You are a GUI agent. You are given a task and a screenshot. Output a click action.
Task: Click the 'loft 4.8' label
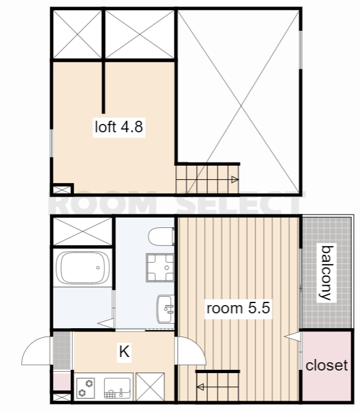(119, 127)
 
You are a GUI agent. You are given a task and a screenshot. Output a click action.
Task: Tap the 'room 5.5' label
(238, 308)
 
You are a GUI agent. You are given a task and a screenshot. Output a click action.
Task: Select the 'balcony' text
(327, 273)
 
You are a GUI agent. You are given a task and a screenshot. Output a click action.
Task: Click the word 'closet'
(327, 365)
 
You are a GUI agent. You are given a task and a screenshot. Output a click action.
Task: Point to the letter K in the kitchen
(124, 351)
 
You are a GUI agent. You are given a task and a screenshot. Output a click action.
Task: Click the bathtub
(83, 268)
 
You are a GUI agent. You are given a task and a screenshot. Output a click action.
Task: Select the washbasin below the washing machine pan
(166, 309)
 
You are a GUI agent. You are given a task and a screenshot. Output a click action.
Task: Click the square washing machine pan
(160, 267)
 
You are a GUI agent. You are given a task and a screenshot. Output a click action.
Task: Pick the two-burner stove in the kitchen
(86, 388)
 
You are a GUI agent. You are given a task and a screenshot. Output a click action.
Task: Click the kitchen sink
(117, 388)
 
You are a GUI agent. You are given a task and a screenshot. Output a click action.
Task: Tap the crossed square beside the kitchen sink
(150, 387)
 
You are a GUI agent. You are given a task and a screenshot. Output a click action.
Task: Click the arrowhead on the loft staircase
(235, 180)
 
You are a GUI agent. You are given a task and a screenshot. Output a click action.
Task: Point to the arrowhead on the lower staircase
(200, 387)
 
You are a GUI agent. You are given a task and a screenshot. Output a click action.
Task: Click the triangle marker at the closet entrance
(293, 337)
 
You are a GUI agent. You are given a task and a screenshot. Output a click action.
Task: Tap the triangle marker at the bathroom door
(107, 323)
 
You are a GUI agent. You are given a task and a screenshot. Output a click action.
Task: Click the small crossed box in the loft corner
(62, 190)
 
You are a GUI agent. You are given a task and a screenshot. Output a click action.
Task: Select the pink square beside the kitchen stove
(62, 381)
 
